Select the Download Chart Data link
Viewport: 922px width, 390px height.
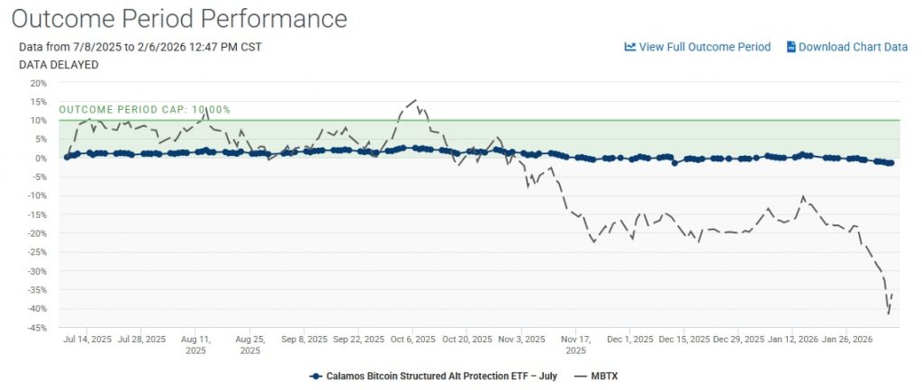pos(852,47)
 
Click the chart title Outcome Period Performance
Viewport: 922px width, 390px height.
pos(180,18)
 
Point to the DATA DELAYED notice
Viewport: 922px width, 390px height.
pos(59,65)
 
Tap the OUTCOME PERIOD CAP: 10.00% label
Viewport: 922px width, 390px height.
pos(145,110)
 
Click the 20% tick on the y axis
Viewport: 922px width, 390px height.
pos(39,83)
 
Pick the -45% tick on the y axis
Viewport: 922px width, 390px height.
pos(37,328)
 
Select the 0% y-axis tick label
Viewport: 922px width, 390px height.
pos(41,159)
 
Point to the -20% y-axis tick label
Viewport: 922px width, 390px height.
pos(37,233)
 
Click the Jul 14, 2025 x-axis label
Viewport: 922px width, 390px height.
pos(87,340)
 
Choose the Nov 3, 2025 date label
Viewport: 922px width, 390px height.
pos(522,340)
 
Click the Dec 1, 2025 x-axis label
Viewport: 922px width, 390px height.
pos(630,340)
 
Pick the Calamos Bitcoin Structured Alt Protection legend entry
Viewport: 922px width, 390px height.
pos(432,376)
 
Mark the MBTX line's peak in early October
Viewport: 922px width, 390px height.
pos(415,100)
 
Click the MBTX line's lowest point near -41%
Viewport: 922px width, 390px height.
pos(889,313)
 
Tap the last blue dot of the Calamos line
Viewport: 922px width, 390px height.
pos(890,163)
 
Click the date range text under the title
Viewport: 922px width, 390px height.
pos(140,47)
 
